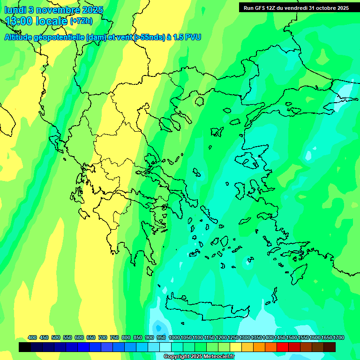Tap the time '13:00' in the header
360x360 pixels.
click(20, 21)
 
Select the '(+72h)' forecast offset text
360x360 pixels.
click(81, 21)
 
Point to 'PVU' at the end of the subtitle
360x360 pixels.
click(193, 37)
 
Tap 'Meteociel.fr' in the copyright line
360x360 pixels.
click(217, 357)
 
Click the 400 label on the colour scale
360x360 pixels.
click(32, 337)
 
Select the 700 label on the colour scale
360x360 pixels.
click(102, 337)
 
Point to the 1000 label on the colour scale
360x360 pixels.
click(174, 337)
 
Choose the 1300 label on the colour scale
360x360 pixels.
click(245, 337)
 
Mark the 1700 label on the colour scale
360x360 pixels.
click(338, 337)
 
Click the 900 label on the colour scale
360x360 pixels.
click(149, 337)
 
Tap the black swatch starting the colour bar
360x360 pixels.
click(25, 347)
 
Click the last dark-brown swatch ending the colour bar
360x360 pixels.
click(330, 347)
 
